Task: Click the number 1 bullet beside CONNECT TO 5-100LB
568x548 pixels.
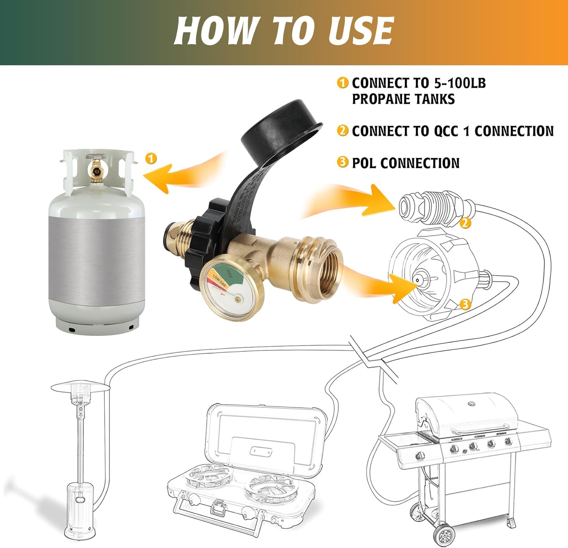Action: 342,83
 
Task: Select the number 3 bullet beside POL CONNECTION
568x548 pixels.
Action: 342,162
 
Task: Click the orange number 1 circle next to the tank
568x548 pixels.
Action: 151,158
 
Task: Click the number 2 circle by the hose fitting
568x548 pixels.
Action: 465,223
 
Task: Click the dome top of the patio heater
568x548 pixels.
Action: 80,388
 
